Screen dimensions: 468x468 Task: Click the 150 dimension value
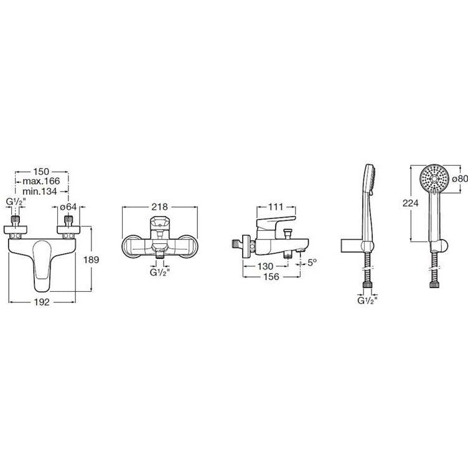pyautogui.click(x=41, y=172)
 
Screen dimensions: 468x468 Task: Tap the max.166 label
pyautogui.click(x=41, y=181)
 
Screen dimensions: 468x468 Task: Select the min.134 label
pyautogui.click(x=39, y=191)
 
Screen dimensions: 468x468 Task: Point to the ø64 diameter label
pyautogui.click(x=68, y=207)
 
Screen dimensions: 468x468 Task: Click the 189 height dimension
pyautogui.click(x=91, y=260)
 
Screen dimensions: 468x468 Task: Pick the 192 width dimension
pyautogui.click(x=42, y=302)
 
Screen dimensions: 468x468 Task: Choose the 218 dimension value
pyautogui.click(x=160, y=207)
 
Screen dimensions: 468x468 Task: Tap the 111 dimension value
pyautogui.click(x=276, y=207)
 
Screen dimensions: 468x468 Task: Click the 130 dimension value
pyautogui.click(x=265, y=266)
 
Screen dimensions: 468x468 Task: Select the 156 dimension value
pyautogui.click(x=271, y=277)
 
